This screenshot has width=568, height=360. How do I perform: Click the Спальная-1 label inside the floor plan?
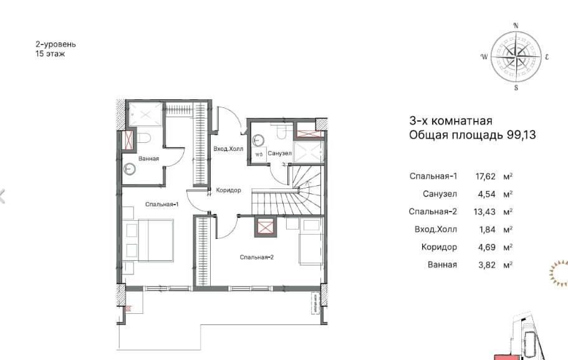pyautogui.click(x=162, y=205)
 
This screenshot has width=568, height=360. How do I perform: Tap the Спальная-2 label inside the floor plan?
pyautogui.click(x=256, y=258)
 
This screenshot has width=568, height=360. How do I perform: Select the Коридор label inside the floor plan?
pyautogui.click(x=228, y=190)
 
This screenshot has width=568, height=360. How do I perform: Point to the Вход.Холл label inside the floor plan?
pyautogui.click(x=228, y=149)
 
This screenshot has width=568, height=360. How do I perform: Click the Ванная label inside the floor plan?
pyautogui.click(x=148, y=159)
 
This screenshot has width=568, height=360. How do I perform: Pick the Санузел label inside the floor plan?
pyautogui.click(x=280, y=153)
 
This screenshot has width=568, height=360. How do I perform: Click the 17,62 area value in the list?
pyautogui.click(x=485, y=177)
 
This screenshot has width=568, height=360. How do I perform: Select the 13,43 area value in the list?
pyautogui.click(x=484, y=212)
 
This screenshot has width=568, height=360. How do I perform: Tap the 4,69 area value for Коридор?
pyautogui.click(x=486, y=247)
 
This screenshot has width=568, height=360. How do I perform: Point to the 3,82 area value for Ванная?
pyautogui.click(x=486, y=265)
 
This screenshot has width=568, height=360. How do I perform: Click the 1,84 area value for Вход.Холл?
pyautogui.click(x=486, y=230)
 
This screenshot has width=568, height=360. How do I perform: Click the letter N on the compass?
pyautogui.click(x=516, y=26)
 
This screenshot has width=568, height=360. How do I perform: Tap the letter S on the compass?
pyautogui.click(x=516, y=88)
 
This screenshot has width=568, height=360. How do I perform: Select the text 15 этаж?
pyautogui.click(x=50, y=54)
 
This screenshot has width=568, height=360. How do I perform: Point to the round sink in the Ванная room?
pyautogui.click(x=129, y=169)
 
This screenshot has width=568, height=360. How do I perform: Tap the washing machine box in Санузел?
pyautogui.click(x=259, y=154)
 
